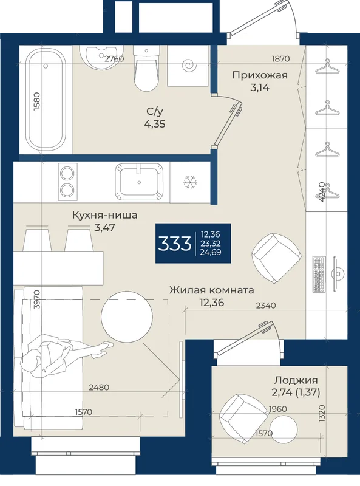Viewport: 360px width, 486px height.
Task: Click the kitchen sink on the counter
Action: coord(140,182)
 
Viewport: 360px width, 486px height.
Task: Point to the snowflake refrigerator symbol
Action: coord(190,182)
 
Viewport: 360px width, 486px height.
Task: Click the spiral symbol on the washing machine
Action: coord(189,66)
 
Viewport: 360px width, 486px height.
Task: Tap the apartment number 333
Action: coord(174,244)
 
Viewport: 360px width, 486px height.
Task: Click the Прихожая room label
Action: coord(260,75)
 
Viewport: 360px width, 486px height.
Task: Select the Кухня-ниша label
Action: coord(104,215)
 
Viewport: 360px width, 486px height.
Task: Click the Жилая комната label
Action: coord(212,290)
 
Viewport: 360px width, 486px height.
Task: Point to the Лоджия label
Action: coord(296,380)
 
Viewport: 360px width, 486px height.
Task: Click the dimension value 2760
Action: coord(114,58)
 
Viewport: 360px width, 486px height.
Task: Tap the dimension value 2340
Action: coord(266,306)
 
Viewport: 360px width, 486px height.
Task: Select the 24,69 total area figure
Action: coord(211,252)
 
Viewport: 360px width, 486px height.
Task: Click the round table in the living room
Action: coord(127,317)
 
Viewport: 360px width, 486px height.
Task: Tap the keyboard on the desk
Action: coord(319,275)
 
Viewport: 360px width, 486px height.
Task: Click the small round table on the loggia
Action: coord(284,430)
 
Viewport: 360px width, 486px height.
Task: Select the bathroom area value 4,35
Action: coord(155,124)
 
